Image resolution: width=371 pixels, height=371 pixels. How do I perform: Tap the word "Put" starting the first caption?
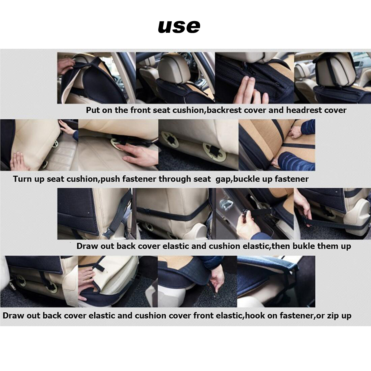(93, 110)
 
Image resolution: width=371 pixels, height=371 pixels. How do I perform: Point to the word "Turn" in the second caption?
(23, 179)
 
